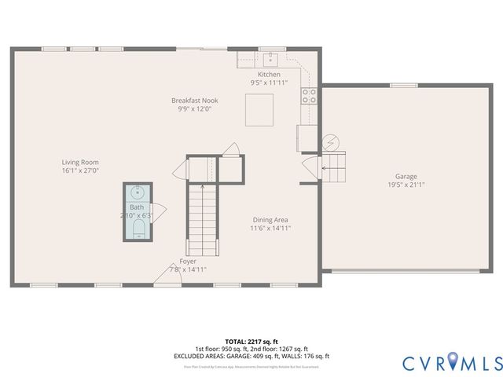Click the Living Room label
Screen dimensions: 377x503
(x=80, y=162)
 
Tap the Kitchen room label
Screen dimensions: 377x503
(x=269, y=73)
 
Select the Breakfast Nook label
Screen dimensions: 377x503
(x=195, y=101)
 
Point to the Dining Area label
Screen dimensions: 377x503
(x=270, y=220)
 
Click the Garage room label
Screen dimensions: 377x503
(x=406, y=177)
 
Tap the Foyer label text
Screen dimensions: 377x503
(x=188, y=261)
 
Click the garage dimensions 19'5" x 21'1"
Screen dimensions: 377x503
(x=406, y=185)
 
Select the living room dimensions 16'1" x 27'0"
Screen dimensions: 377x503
(x=80, y=170)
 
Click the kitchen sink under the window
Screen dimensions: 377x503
(x=270, y=57)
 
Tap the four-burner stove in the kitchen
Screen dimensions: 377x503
(x=309, y=96)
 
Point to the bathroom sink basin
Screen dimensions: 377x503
(x=138, y=192)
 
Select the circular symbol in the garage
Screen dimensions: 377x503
(x=333, y=142)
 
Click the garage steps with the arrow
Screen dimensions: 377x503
(x=334, y=166)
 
